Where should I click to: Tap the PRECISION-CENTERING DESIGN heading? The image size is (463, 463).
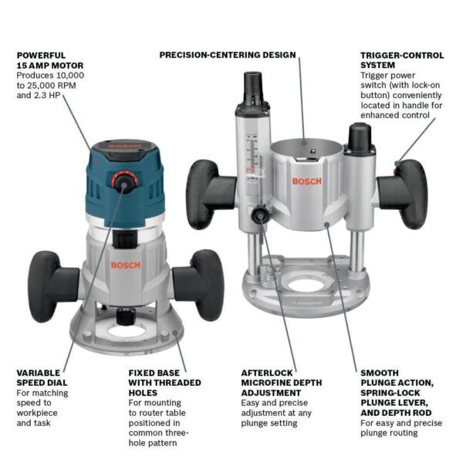(x=228, y=55)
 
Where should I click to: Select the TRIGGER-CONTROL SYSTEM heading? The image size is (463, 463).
(x=401, y=60)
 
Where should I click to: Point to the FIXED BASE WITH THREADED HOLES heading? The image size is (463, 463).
(x=164, y=382)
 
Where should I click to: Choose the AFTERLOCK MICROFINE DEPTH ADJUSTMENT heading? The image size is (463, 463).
(x=281, y=382)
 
